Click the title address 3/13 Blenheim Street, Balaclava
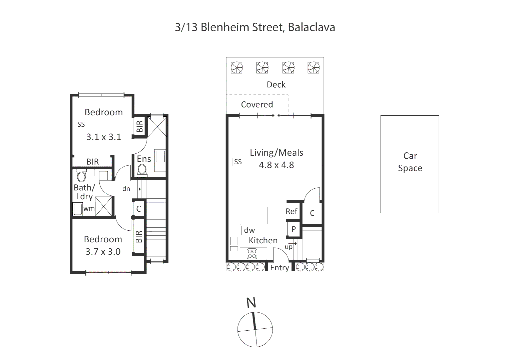pyautogui.click(x=255, y=27)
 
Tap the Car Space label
pyautogui.click(x=410, y=162)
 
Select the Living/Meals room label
pyautogui.click(x=277, y=153)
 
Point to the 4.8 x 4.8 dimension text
pyautogui.click(x=277, y=165)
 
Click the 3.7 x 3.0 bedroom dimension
pyautogui.click(x=103, y=252)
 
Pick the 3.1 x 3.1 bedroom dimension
pyautogui.click(x=104, y=137)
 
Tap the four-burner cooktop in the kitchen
pyautogui.click(x=252, y=254)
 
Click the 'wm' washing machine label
pyautogui.click(x=89, y=209)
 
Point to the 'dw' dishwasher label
pyautogui.click(x=249, y=230)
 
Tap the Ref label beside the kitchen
pyautogui.click(x=292, y=211)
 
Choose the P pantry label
pyautogui.click(x=294, y=229)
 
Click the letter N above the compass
pyautogui.click(x=251, y=302)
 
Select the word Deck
pyautogui.click(x=276, y=85)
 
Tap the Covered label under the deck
pyautogui.click(x=257, y=105)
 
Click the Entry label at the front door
pyautogui.click(x=280, y=268)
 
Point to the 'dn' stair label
pyautogui.click(x=126, y=189)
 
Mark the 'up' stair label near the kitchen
pyautogui.click(x=289, y=247)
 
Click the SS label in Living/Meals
pyautogui.click(x=238, y=162)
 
